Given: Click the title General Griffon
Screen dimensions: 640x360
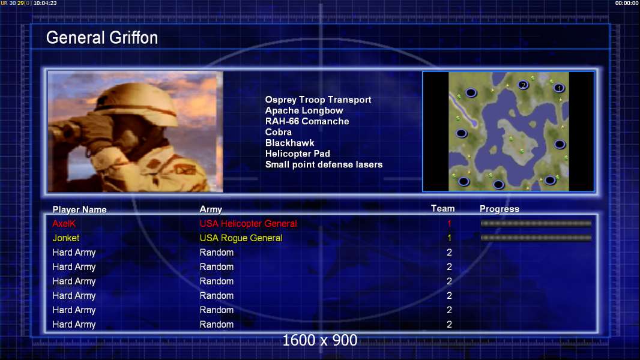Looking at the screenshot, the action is [x=102, y=38].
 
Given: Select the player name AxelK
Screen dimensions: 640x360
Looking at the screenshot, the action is [x=64, y=223].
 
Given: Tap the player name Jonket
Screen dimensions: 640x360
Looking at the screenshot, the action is [x=65, y=238].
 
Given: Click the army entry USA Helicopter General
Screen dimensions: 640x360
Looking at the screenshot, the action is [x=248, y=223].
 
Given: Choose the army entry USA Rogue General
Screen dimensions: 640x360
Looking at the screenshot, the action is [x=241, y=238].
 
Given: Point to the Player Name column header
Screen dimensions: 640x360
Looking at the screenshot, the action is [x=80, y=209].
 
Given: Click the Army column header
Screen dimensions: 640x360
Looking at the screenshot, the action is [x=211, y=209].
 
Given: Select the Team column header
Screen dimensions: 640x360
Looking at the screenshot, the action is [x=443, y=209].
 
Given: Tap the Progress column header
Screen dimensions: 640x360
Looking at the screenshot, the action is [x=500, y=209].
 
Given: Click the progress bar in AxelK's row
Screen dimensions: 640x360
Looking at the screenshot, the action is [x=536, y=223].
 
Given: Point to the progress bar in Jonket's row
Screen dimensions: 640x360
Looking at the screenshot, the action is [x=536, y=238].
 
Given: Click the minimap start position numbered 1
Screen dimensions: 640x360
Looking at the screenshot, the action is [x=559, y=88].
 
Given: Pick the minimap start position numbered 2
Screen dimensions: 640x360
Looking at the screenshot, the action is [x=524, y=85].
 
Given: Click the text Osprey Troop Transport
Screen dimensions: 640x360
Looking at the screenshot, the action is [x=318, y=100].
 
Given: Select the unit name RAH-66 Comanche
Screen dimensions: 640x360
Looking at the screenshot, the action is [x=307, y=121].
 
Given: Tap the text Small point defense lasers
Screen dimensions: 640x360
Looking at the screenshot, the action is [x=324, y=165].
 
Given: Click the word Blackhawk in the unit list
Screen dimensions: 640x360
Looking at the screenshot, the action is [x=290, y=143].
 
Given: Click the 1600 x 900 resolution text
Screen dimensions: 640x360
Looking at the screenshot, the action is [x=319, y=340].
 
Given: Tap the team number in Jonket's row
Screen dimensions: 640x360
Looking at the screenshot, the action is [x=449, y=238].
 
